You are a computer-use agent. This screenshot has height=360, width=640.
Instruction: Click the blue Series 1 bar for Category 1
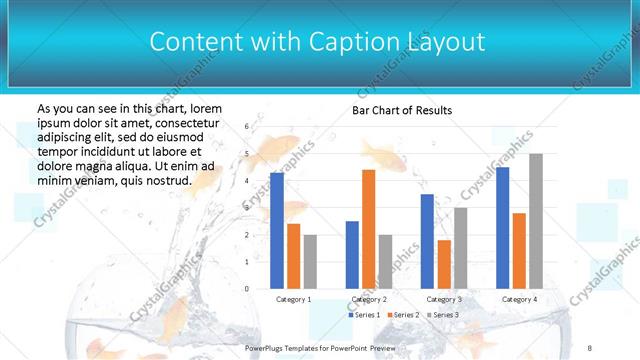click(277, 230)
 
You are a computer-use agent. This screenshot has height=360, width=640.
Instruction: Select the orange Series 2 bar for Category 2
click(368, 229)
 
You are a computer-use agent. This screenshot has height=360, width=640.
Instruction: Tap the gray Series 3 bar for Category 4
click(536, 221)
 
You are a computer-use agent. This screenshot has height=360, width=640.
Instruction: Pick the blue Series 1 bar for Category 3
click(427, 241)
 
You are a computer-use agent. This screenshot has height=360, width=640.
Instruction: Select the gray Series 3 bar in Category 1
click(310, 261)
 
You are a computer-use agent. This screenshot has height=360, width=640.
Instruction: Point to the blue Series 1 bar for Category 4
click(502, 227)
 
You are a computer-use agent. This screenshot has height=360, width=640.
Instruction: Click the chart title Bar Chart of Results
click(402, 110)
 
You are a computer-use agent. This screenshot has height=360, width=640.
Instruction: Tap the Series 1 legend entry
click(363, 315)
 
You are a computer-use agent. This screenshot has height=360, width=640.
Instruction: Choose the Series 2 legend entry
click(402, 315)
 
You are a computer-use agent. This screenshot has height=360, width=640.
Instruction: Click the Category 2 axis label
click(368, 299)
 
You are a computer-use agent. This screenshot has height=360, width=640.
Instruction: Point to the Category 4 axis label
click(519, 299)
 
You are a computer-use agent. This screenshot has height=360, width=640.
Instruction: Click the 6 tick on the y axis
click(247, 127)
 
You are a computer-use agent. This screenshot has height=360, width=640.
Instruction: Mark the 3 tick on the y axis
click(247, 208)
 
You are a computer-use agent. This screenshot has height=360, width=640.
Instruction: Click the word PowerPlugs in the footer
click(270, 347)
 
